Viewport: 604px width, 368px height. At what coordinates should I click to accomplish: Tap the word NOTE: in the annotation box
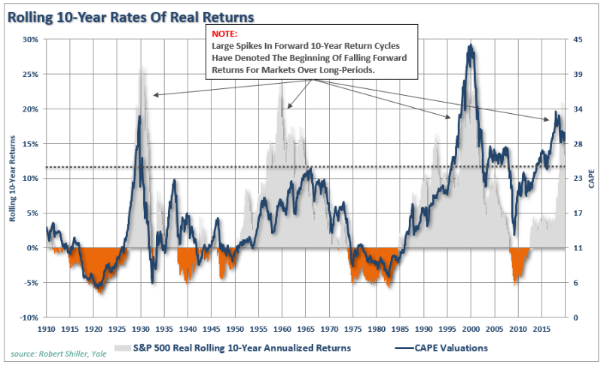coord(223,35)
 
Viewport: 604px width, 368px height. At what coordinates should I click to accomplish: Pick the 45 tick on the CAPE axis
coord(576,39)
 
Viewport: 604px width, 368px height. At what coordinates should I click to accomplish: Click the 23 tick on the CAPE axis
coord(576,179)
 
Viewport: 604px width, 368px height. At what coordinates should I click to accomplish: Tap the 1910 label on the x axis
coord(47,330)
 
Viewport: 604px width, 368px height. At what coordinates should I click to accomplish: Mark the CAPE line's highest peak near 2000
coord(471,45)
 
